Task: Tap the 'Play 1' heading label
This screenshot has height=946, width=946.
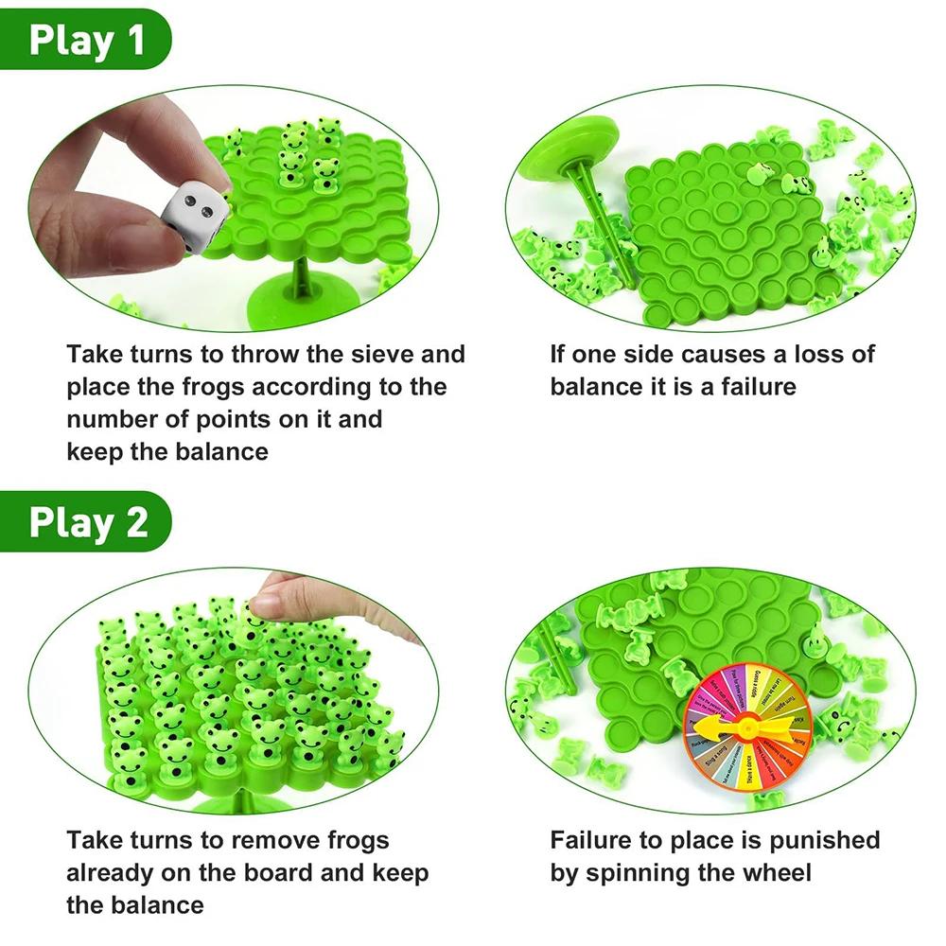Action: coord(87,42)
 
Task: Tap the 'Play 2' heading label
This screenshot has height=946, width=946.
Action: coord(88,522)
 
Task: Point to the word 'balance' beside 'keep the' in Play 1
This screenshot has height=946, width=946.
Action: coord(221,451)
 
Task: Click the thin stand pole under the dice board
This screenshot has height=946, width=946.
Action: coord(302,278)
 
